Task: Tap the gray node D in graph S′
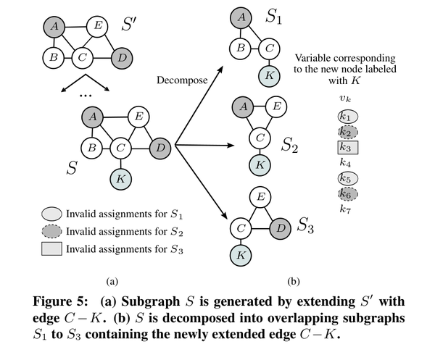pyautogui.click(x=123, y=56)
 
